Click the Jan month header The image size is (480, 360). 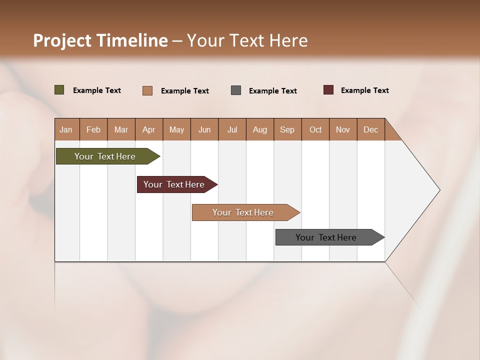tap(66, 129)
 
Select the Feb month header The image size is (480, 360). tap(93, 129)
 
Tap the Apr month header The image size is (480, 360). tap(148, 129)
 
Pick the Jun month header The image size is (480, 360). tap(204, 129)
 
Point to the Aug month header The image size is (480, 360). tap(259, 129)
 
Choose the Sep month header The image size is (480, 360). tap(287, 129)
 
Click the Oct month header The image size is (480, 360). tap(315, 129)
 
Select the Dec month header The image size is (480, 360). tap(370, 129)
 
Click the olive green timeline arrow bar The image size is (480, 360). tap(105, 156)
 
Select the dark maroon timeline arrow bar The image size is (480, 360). tap(174, 184)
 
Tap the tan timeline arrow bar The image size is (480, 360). tap(243, 212)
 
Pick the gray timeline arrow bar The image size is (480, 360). tap(326, 237)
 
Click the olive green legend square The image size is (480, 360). tap(59, 90)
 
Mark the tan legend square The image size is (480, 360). tap(147, 90)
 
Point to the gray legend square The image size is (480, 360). tap(236, 90)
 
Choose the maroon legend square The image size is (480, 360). tap(328, 90)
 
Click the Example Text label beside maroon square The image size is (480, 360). tap(364, 90)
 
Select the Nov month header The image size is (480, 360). tap(343, 129)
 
